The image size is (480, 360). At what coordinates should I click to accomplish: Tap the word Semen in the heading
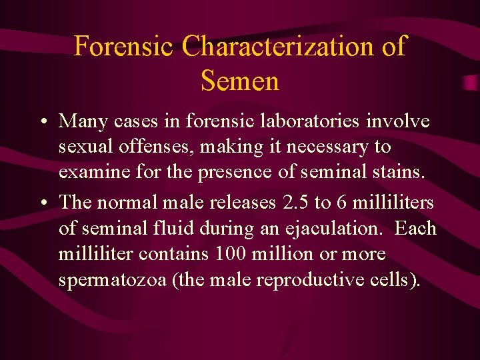(239, 81)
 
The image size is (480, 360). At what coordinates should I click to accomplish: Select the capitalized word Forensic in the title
(123, 47)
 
